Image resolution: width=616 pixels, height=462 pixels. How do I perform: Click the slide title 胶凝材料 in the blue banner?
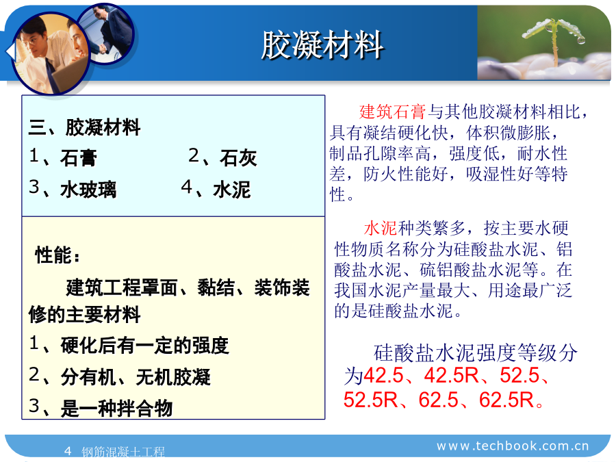(x=322, y=44)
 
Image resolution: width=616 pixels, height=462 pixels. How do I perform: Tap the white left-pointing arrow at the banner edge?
(x=10, y=52)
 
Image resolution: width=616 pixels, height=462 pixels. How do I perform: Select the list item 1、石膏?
(x=63, y=157)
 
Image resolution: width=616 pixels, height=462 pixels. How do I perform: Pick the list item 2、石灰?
(x=222, y=157)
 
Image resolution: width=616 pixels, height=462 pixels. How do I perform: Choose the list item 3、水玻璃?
(x=73, y=189)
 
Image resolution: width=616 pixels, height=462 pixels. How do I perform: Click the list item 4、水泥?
(x=216, y=189)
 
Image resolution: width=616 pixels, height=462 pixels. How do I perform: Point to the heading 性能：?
(x=57, y=255)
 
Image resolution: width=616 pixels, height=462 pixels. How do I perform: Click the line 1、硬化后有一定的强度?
(x=129, y=345)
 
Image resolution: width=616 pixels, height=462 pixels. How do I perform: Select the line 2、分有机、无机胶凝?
(x=120, y=376)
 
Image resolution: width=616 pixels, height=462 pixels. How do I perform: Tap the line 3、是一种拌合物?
(x=101, y=407)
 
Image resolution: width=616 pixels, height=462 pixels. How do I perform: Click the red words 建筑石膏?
(x=392, y=112)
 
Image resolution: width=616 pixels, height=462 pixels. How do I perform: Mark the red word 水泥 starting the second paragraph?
(x=381, y=228)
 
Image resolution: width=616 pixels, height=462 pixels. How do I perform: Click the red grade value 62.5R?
(x=506, y=400)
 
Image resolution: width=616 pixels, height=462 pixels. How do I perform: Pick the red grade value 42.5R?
(x=452, y=375)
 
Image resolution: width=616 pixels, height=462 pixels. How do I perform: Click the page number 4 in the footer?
(x=68, y=450)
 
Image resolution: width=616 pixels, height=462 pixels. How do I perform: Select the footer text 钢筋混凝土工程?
(x=123, y=452)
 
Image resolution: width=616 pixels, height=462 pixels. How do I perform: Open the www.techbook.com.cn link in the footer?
(x=513, y=446)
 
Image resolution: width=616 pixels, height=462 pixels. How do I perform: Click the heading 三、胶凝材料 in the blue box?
(x=84, y=127)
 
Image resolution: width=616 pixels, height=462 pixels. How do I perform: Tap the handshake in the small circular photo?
(x=103, y=49)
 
